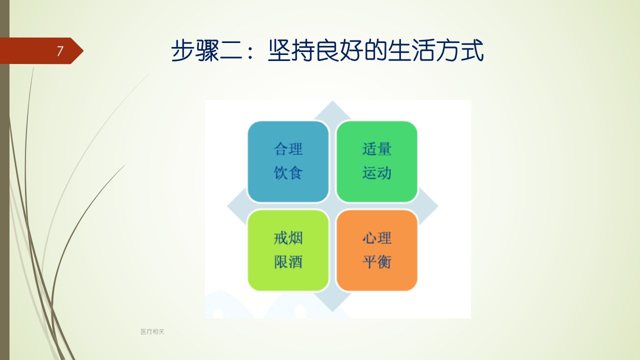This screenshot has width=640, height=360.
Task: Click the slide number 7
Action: (x=59, y=51)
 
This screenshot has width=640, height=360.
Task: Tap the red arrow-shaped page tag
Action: (x=41, y=51)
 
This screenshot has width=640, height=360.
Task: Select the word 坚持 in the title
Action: (x=291, y=50)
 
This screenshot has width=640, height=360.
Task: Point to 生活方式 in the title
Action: (x=435, y=50)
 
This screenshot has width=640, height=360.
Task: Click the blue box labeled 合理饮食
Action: (x=288, y=161)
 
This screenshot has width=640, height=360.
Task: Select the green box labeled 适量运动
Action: (x=377, y=161)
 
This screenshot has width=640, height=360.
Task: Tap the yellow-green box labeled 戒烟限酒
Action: (x=288, y=250)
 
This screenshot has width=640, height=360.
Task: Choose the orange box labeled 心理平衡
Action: (x=377, y=250)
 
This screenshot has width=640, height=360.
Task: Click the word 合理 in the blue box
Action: (x=288, y=149)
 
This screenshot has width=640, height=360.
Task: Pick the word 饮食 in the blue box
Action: (x=288, y=173)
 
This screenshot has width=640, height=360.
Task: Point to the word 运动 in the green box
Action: (x=377, y=173)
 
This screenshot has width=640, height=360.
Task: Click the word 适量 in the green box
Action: (x=377, y=149)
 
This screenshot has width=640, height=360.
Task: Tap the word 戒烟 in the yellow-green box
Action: (x=288, y=238)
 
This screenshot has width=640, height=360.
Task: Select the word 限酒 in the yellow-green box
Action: (x=288, y=261)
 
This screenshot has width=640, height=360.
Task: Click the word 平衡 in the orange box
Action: (x=377, y=261)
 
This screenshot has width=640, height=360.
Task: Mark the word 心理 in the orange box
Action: (x=377, y=238)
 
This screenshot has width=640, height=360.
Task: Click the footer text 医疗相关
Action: (x=152, y=331)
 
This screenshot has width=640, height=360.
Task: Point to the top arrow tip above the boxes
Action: (x=332, y=101)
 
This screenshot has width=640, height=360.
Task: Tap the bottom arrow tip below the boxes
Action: (x=332, y=311)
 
